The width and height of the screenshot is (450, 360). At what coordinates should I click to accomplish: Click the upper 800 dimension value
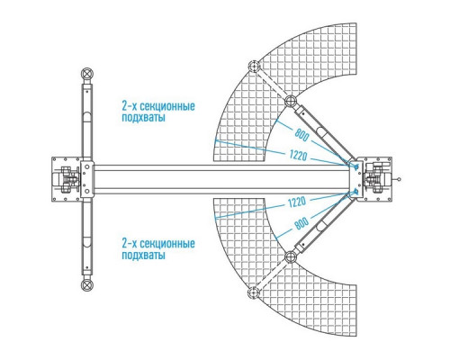point(301,135)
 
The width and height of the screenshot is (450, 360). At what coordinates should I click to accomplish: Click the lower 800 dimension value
point(301,223)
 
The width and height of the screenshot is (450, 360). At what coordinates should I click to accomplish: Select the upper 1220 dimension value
point(299,155)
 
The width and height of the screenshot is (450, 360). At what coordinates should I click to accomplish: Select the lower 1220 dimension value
point(297,202)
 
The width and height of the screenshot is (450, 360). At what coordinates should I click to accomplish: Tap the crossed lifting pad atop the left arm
point(87,74)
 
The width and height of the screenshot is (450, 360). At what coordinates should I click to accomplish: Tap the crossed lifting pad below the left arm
point(87,285)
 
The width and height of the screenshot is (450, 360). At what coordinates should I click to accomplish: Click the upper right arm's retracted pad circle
point(291,101)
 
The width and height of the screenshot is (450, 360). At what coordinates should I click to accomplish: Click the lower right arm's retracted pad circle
point(291,257)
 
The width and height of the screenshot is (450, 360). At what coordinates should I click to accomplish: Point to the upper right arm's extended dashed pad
point(254,67)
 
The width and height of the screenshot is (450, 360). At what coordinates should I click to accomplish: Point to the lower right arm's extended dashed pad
point(254,292)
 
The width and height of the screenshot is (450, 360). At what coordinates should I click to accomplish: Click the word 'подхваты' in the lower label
point(143,256)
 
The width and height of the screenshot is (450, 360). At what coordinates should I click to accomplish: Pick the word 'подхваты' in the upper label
point(143,117)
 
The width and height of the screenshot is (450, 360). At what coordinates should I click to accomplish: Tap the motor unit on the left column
point(67,179)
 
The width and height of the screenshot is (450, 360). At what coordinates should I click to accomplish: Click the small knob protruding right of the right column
point(399,179)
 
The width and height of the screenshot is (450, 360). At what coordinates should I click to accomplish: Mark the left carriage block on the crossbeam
point(87,179)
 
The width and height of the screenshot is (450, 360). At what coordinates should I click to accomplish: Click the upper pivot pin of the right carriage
point(356,166)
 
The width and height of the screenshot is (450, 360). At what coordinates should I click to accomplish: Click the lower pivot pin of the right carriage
point(356,191)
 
